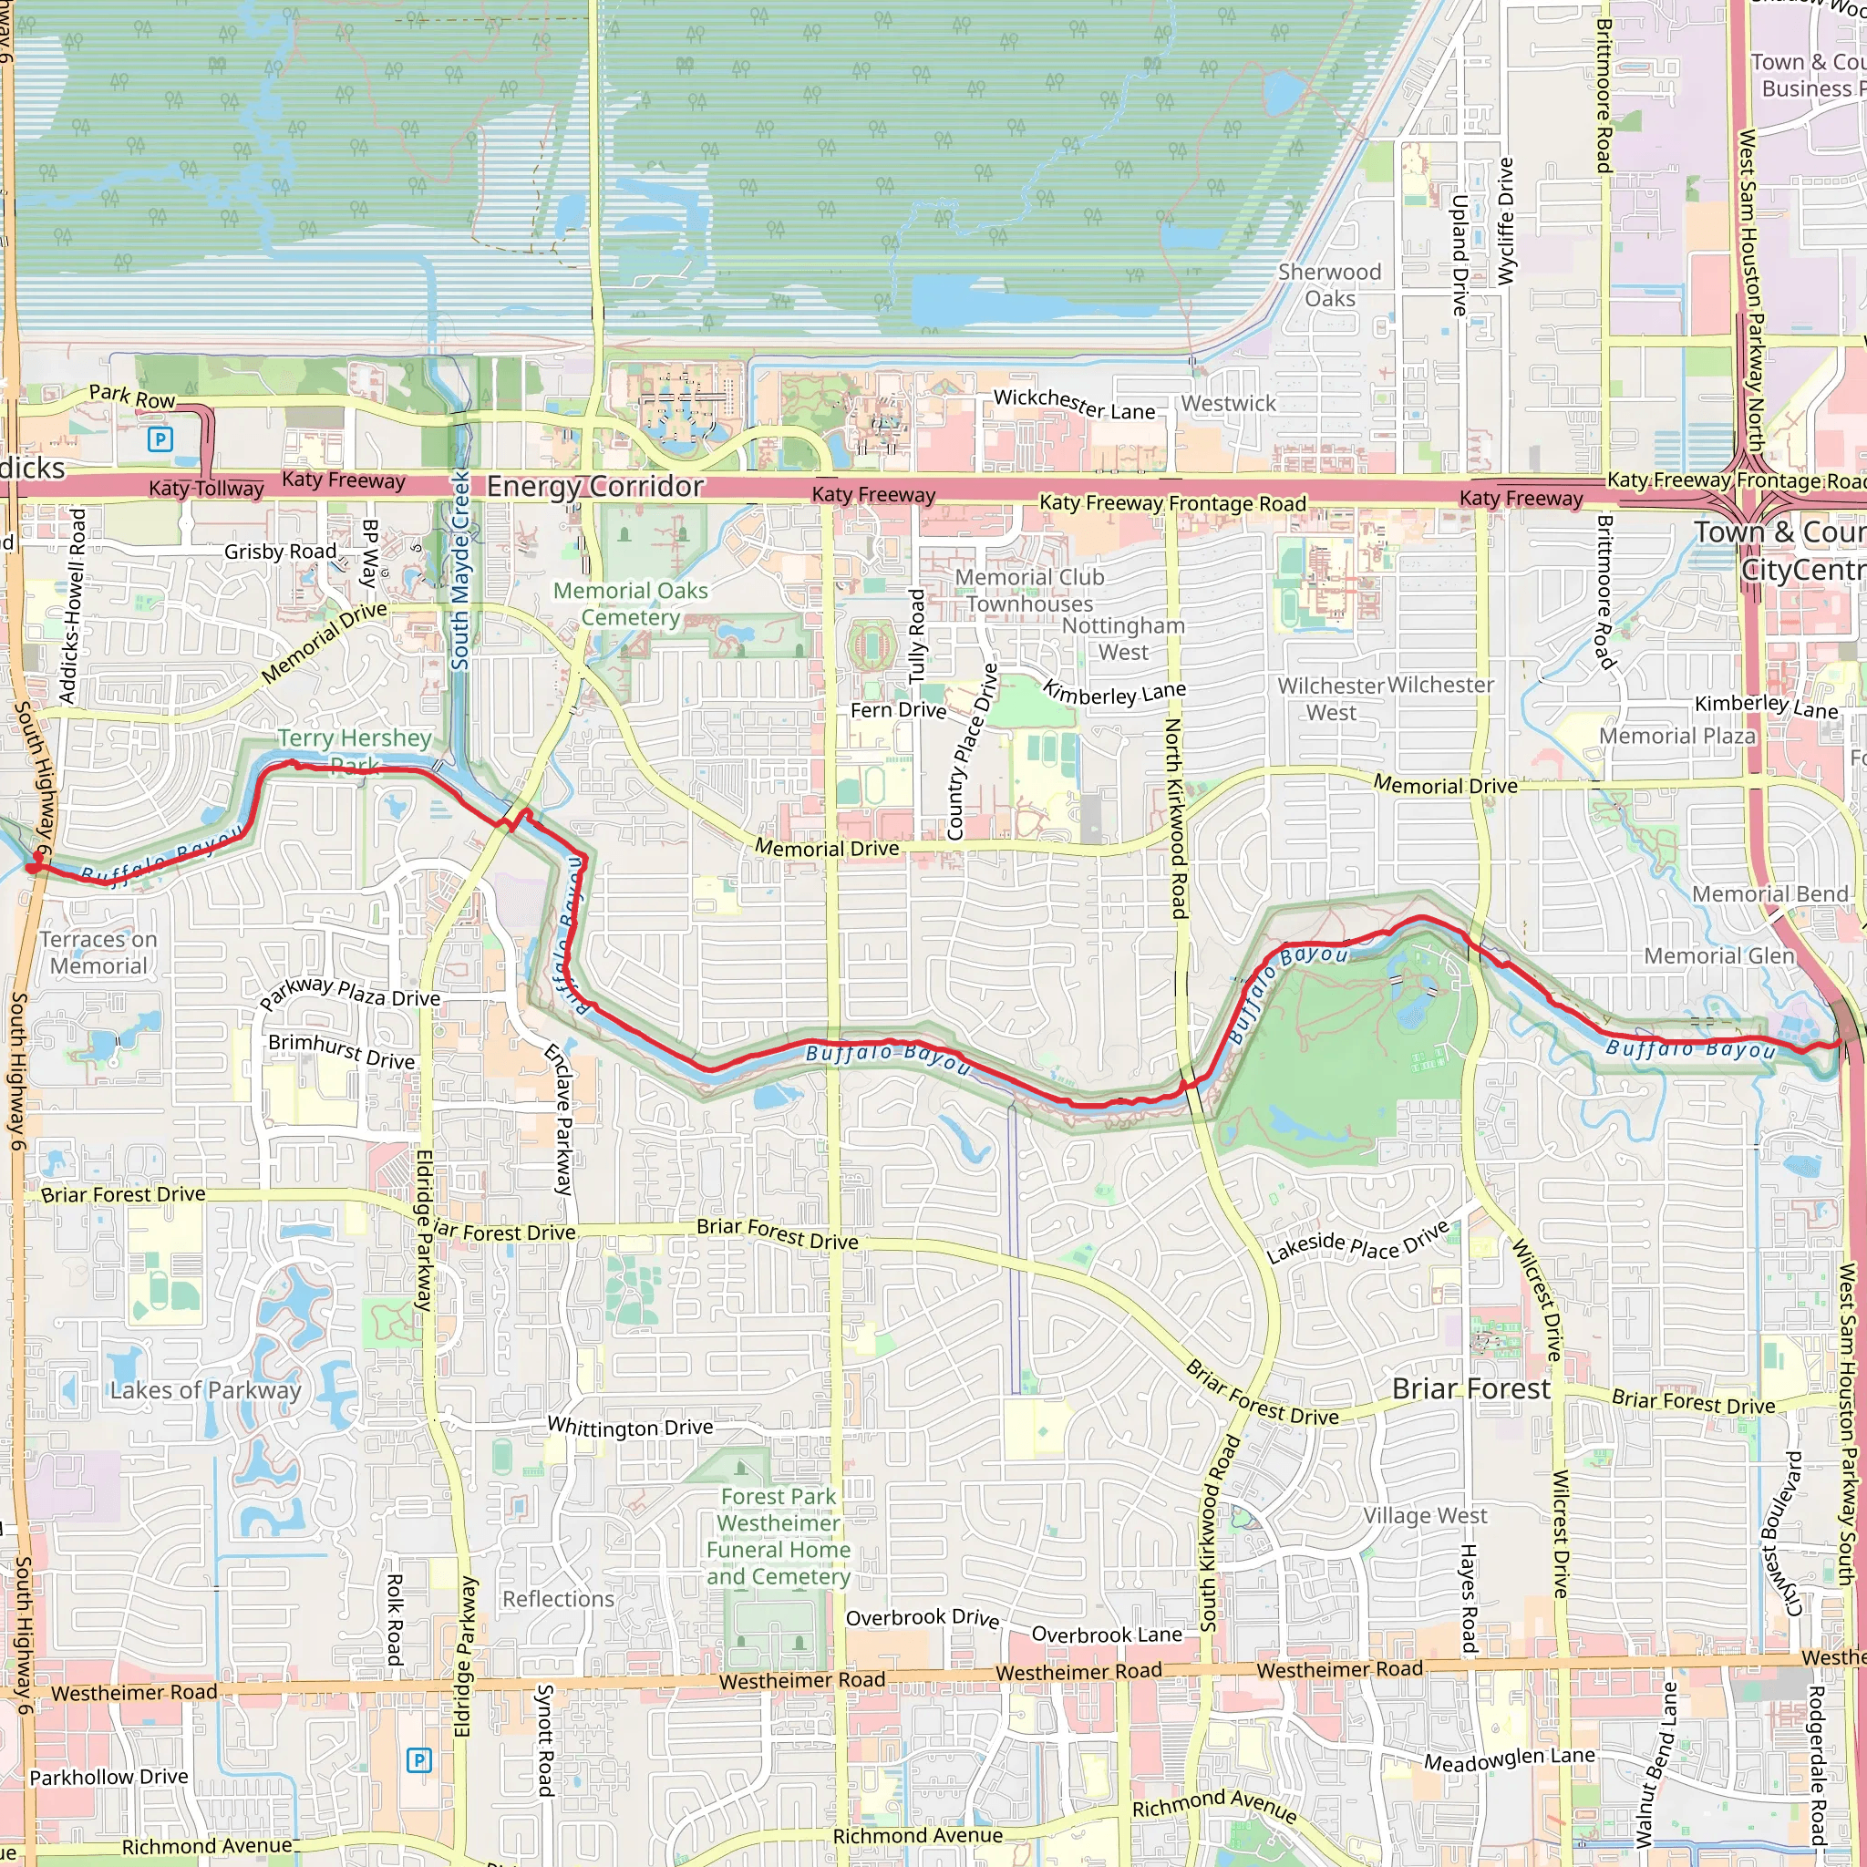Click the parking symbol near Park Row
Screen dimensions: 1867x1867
tap(160, 439)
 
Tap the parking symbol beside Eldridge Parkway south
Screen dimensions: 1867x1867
tap(418, 1759)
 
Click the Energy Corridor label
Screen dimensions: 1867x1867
tap(594, 486)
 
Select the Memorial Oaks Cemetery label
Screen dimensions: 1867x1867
tap(630, 604)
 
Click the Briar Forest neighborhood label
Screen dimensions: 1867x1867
tap(1470, 1388)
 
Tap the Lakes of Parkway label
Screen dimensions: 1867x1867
tap(205, 1389)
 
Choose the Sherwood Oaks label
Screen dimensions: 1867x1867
tap(1330, 285)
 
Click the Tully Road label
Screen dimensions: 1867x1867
tap(916, 636)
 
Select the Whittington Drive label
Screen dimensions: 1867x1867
tap(630, 1427)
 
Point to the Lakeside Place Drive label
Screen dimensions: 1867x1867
tap(1357, 1243)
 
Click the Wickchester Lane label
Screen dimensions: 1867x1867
tap(1074, 404)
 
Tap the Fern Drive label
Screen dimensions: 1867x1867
tap(898, 710)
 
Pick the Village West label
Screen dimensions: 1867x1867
tap(1426, 1515)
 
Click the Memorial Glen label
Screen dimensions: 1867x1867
tap(1719, 955)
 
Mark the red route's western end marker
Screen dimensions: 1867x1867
tap(34, 867)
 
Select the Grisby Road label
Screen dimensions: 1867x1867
tap(280, 551)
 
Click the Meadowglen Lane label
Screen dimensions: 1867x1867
tap(1510, 1759)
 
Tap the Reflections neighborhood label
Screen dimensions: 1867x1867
tap(558, 1599)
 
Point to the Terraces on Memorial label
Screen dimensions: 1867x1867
tap(98, 952)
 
